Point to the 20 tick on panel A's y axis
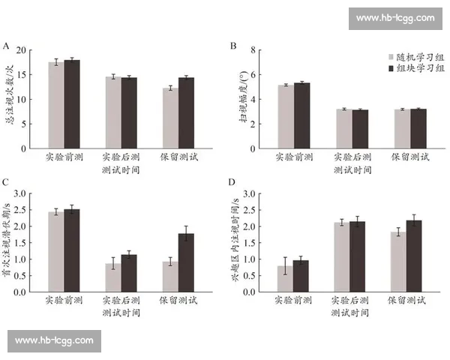pyautogui.click(x=31, y=50)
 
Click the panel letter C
pyautogui.click(x=6, y=182)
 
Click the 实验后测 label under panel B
pyautogui.click(x=351, y=158)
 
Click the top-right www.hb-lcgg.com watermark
pyautogui.click(x=394, y=18)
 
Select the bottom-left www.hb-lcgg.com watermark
pyautogui.click(x=54, y=340)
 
